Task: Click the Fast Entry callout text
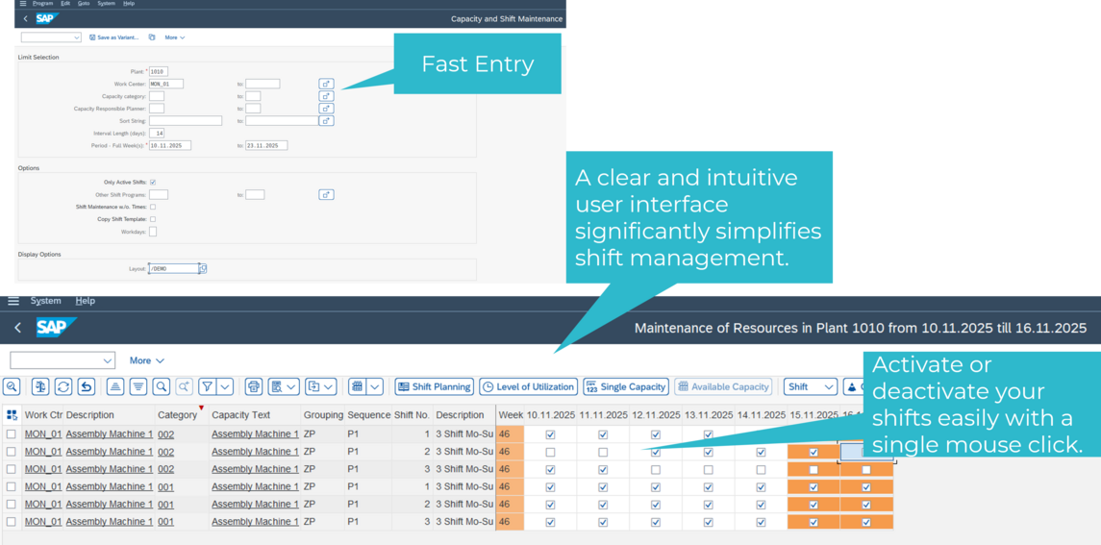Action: coord(477,64)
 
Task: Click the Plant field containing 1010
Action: coord(158,71)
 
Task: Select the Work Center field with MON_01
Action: coord(165,84)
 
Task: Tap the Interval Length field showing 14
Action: coord(158,133)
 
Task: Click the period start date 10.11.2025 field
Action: coord(170,145)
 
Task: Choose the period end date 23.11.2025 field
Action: coord(266,145)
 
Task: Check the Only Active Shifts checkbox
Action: coord(153,182)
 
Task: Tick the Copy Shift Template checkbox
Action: coord(153,219)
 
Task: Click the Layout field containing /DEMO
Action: coord(173,268)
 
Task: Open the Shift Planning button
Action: coord(434,386)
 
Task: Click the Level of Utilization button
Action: coord(528,386)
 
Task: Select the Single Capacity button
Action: coord(626,386)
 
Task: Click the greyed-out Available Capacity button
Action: coord(723,386)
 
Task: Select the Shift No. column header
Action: coord(412,415)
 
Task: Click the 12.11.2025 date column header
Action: coord(655,415)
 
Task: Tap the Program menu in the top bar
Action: coord(42,4)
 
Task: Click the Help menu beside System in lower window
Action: coord(86,301)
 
